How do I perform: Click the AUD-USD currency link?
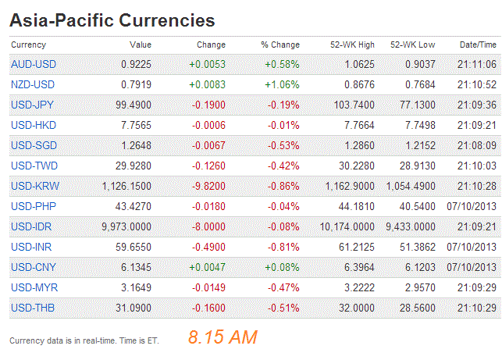(x=34, y=64)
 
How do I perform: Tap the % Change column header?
(x=280, y=45)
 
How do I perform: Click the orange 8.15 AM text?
(x=223, y=337)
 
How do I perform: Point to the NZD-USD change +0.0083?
(x=207, y=84)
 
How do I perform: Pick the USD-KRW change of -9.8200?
(x=208, y=186)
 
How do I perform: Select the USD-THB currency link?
(x=34, y=308)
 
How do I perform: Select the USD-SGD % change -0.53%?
(x=282, y=145)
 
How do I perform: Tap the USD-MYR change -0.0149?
(x=207, y=287)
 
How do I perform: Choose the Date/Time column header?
(x=478, y=45)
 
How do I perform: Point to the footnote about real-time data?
(x=87, y=341)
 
